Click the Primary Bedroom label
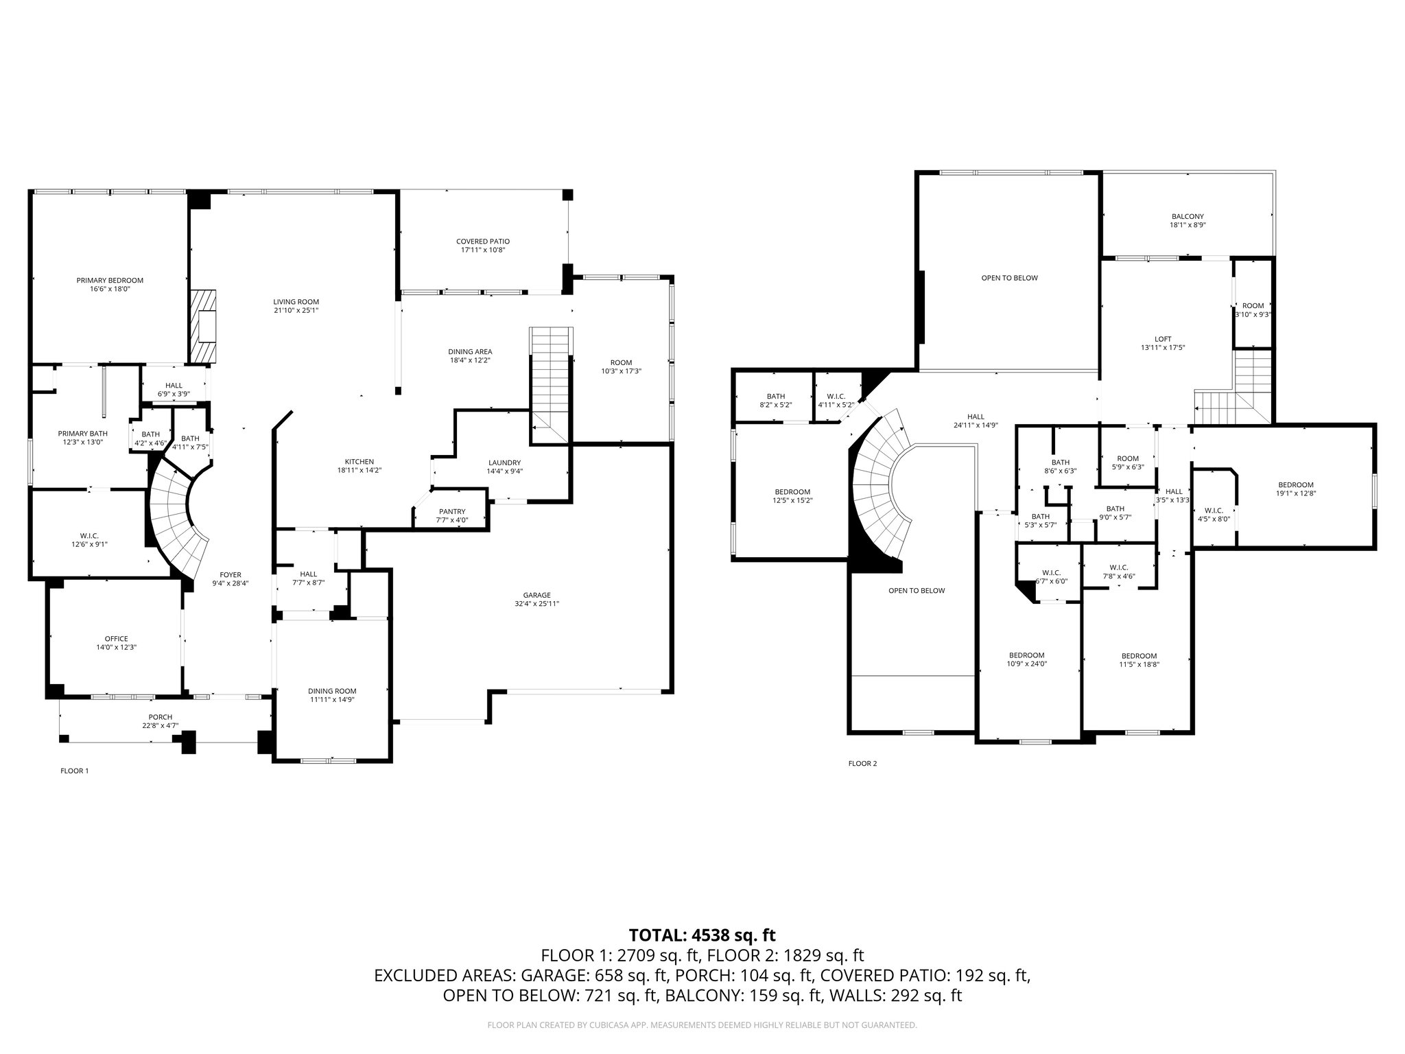(110, 280)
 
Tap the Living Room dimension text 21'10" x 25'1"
(296, 311)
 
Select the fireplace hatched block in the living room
(203, 326)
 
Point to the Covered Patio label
(483, 242)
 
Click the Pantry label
(452, 511)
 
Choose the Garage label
(537, 595)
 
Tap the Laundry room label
(505, 462)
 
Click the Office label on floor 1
(117, 639)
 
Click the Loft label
(1163, 339)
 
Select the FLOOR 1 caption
(75, 771)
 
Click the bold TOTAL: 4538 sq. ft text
(702, 935)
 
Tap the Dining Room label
(332, 691)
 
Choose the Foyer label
(231, 575)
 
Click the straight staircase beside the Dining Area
(551, 386)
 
